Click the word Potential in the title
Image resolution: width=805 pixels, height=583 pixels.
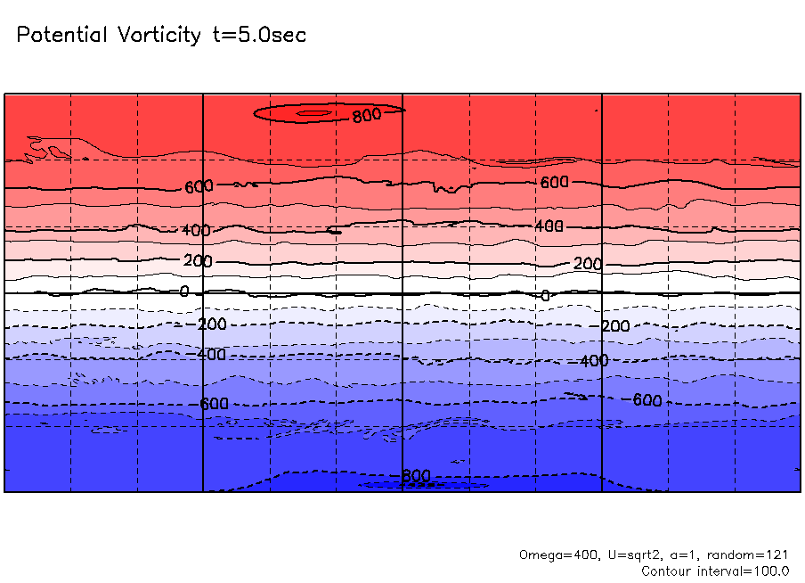[x=61, y=36]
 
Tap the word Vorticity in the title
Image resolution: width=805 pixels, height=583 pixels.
[x=156, y=36]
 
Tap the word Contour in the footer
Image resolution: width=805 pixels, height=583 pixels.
[x=665, y=571]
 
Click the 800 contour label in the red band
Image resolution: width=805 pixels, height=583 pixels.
[x=366, y=114]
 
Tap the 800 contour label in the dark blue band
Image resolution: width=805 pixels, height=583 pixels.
[x=414, y=476]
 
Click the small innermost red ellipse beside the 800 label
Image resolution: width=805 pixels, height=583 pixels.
[x=313, y=113]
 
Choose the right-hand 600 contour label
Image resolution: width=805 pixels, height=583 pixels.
[x=554, y=182]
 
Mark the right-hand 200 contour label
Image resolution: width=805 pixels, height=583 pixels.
[x=588, y=264]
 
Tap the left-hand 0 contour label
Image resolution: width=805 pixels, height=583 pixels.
[x=184, y=291]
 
